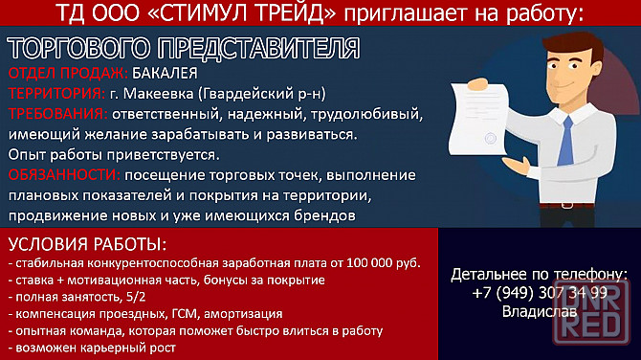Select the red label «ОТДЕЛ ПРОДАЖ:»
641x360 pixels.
coord(67,74)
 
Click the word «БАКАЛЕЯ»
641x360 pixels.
coord(165,74)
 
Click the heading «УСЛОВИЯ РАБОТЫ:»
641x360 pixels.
coord(87,243)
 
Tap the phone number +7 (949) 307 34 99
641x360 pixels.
coord(539,292)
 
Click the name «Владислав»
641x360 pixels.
coord(539,311)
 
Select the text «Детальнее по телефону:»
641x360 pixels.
coord(539,274)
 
